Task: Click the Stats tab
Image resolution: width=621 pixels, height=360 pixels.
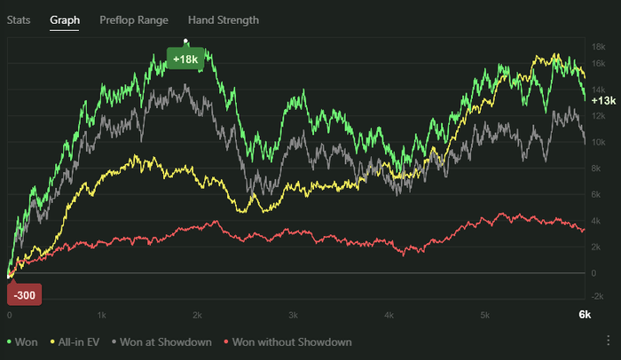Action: [x=19, y=19]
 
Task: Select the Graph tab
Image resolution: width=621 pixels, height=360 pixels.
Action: [x=65, y=19]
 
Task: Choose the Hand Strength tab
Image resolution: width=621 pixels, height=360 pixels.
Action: [x=223, y=19]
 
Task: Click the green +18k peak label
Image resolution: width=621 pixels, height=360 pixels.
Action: [x=185, y=59]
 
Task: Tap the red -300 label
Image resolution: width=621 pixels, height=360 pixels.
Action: [x=25, y=295]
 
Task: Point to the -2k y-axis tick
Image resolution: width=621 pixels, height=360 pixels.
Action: [x=599, y=296]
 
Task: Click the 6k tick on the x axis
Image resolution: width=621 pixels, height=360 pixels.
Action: [x=585, y=315]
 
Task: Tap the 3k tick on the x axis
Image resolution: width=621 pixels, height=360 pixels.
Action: [x=293, y=315]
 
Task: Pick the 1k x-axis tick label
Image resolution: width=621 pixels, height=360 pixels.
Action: [x=102, y=315]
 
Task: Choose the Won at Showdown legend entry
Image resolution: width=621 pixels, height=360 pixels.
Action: [x=163, y=341]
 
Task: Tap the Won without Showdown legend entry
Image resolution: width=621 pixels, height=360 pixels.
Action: [x=287, y=341]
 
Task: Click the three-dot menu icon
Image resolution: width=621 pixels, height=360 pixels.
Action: [x=609, y=340]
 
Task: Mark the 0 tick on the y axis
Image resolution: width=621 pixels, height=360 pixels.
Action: [x=595, y=273]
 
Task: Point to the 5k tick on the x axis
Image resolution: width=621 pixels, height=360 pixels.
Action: [x=483, y=315]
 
